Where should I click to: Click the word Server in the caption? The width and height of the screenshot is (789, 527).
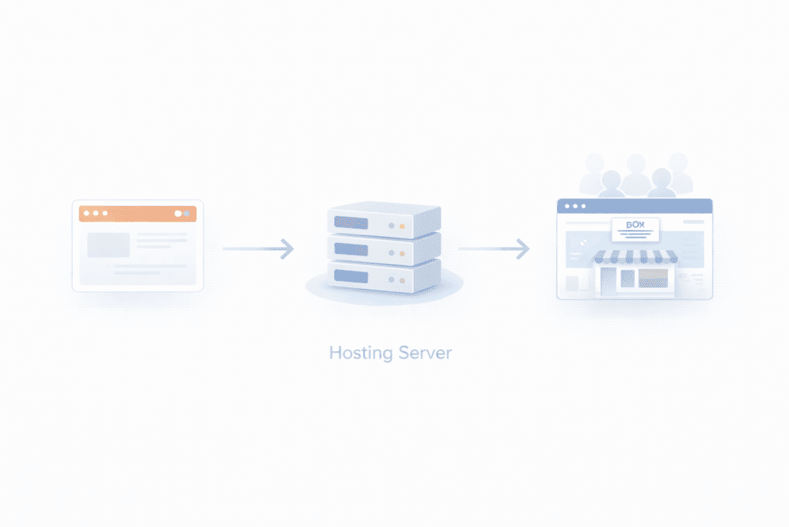pos(425,353)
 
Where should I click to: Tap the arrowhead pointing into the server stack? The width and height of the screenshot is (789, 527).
pos(287,248)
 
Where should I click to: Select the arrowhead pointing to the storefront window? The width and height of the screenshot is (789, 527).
pos(523,248)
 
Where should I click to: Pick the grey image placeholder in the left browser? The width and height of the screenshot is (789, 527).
pos(108,245)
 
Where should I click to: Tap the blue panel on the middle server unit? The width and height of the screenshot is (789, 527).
pos(351,250)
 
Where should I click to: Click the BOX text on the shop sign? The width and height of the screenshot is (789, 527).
pos(635,224)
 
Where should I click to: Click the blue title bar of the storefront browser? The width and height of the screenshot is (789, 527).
pos(634,206)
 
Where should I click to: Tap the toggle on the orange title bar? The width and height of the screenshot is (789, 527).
pos(182,213)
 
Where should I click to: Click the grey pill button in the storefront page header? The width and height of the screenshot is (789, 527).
pos(693,221)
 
